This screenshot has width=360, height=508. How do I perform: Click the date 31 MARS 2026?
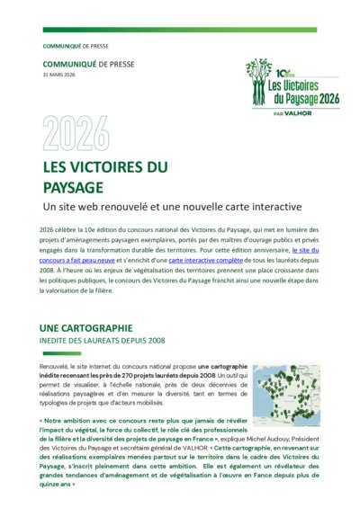pos(59,75)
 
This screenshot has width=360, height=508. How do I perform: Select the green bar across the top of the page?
pos(180,30)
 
